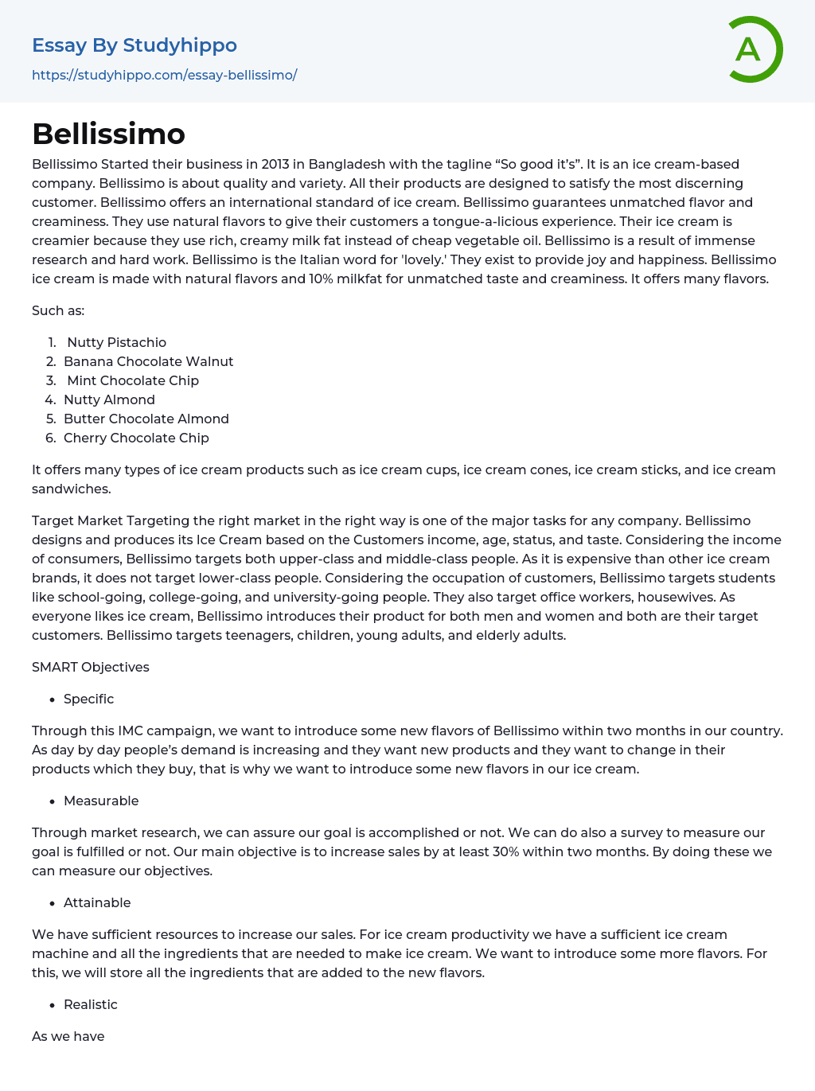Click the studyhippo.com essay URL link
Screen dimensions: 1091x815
click(x=164, y=75)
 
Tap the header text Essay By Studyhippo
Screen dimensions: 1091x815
click(x=135, y=45)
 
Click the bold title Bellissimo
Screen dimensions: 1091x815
click(x=108, y=134)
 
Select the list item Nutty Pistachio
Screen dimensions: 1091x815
click(x=116, y=342)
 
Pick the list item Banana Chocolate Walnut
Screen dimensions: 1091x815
click(x=148, y=361)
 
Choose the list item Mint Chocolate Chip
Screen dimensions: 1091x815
click(x=132, y=380)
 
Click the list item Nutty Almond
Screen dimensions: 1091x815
click(x=109, y=399)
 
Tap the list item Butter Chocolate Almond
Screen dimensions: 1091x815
click(x=146, y=419)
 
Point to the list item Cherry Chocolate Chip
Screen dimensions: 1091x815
click(x=136, y=438)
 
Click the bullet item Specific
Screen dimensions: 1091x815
click(x=88, y=699)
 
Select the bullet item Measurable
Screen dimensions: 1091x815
click(x=101, y=801)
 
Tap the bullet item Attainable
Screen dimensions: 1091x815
click(x=97, y=902)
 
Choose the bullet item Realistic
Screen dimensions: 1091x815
click(x=90, y=1004)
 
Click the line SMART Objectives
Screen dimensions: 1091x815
click(x=91, y=667)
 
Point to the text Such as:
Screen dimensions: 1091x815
click(x=58, y=310)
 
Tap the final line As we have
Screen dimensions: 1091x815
click(x=68, y=1036)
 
